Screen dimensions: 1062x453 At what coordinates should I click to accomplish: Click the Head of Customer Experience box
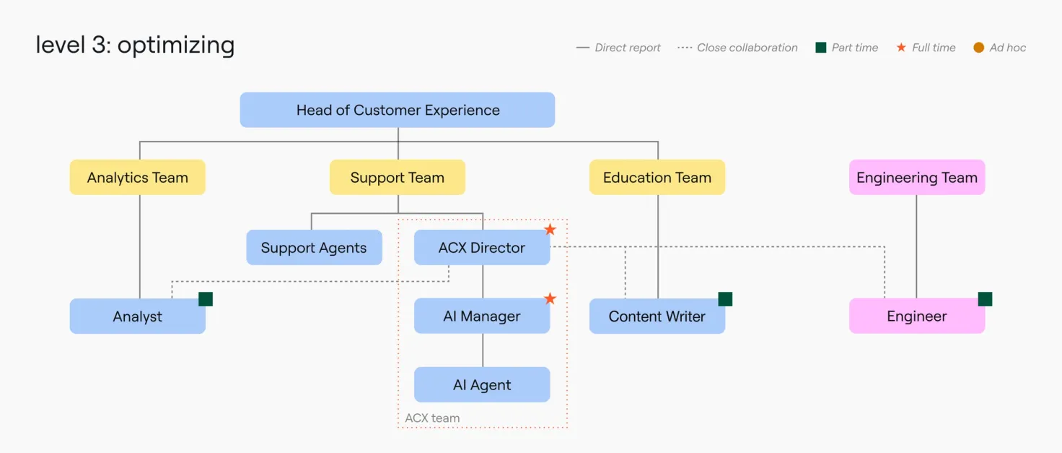click(398, 110)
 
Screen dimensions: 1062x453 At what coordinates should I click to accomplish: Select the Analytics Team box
click(138, 177)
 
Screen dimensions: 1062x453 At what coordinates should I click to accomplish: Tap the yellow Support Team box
click(398, 177)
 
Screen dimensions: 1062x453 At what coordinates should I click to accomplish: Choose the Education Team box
click(657, 177)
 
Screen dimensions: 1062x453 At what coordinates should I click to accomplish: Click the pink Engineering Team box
click(917, 177)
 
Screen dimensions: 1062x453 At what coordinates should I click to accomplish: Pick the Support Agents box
click(315, 247)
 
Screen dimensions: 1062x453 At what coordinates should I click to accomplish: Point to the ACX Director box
click(482, 247)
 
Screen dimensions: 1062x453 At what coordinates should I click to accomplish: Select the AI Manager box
click(482, 316)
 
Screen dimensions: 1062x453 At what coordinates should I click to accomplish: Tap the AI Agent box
click(482, 384)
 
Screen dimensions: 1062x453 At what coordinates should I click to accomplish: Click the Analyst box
click(138, 316)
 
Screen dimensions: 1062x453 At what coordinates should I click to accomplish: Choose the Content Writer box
click(657, 316)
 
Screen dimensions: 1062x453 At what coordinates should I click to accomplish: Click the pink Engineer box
click(917, 316)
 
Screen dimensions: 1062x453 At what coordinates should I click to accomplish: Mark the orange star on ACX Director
click(550, 230)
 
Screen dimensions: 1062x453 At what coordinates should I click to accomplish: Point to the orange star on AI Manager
click(550, 298)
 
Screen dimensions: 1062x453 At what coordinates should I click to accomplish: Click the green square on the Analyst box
click(206, 299)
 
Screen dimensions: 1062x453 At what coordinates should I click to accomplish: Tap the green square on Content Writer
click(725, 299)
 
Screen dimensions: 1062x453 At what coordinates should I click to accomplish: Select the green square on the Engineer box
click(986, 299)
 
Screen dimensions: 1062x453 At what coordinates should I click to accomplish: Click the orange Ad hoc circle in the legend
click(978, 48)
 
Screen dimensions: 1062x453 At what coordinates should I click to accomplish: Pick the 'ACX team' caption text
click(432, 418)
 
